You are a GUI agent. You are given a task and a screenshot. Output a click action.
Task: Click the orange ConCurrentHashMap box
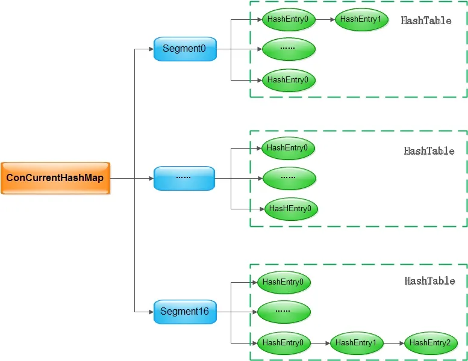click(x=55, y=178)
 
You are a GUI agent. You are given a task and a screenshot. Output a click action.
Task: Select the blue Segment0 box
click(x=184, y=49)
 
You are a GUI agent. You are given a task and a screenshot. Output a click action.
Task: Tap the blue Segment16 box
click(x=184, y=312)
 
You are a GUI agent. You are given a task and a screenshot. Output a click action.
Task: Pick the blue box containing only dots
click(x=184, y=178)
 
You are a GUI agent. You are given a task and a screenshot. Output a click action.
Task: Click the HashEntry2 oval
click(x=430, y=342)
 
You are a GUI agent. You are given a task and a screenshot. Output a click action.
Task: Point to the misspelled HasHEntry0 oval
click(x=291, y=209)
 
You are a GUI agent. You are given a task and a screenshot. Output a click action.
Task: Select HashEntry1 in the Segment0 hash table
click(x=361, y=19)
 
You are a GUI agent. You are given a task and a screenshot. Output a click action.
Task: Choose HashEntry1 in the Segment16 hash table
click(x=356, y=342)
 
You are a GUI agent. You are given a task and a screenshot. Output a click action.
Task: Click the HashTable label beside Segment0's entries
click(x=426, y=20)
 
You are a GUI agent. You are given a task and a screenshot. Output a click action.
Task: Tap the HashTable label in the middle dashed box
click(x=429, y=151)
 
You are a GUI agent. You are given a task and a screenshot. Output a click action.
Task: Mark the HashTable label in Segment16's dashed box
click(x=429, y=281)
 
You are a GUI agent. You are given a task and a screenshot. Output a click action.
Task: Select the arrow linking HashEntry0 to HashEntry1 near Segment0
click(x=325, y=19)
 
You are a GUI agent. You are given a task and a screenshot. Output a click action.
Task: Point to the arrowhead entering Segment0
click(x=150, y=49)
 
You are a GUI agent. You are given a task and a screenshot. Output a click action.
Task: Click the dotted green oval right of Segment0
click(x=289, y=49)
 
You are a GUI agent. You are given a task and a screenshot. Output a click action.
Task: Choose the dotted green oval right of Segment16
click(x=284, y=312)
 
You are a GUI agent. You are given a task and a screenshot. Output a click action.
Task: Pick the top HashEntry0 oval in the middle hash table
click(x=288, y=148)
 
